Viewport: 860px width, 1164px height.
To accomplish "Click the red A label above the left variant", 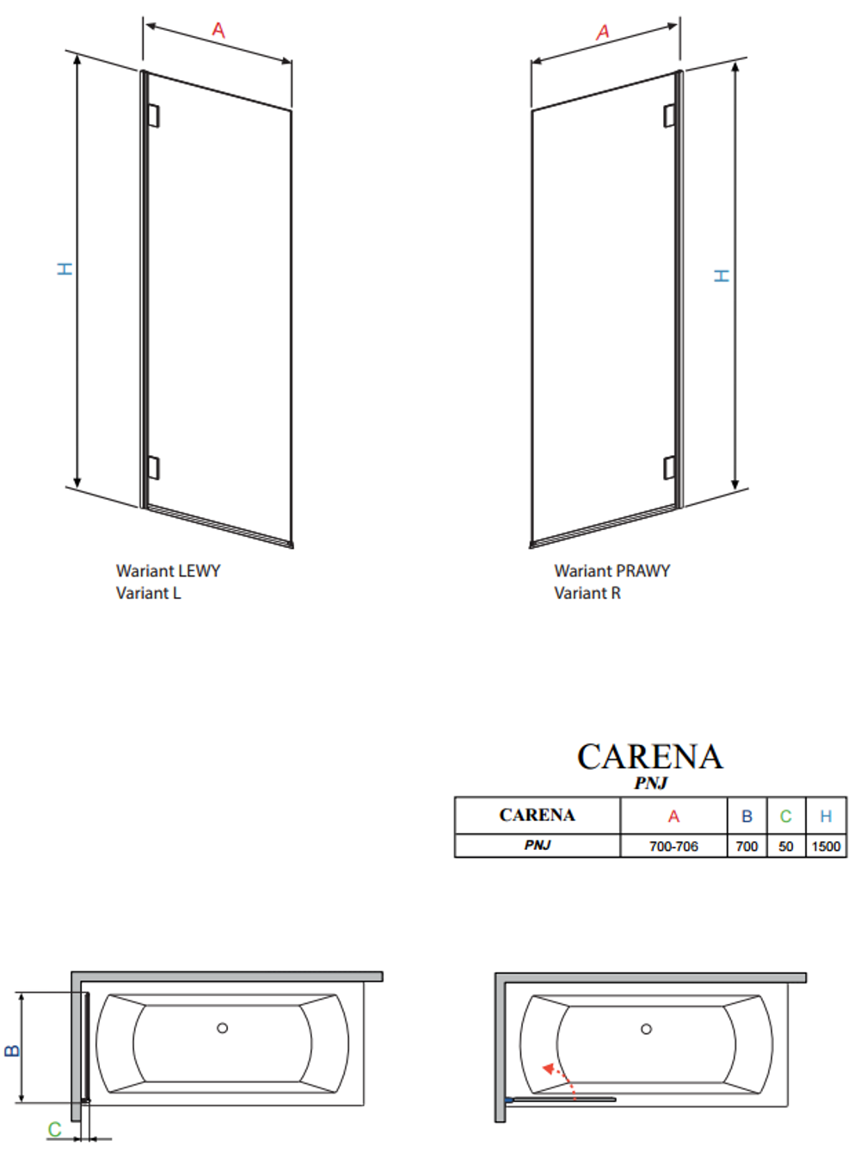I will (x=218, y=30).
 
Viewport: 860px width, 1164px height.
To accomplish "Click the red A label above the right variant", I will (x=603, y=32).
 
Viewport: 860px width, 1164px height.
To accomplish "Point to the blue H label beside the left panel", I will (x=64, y=269).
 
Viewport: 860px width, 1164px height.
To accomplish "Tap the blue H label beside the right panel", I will (x=722, y=275).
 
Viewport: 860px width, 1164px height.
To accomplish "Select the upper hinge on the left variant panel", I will (x=154, y=115).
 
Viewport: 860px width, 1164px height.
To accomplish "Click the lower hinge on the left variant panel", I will (x=154, y=467).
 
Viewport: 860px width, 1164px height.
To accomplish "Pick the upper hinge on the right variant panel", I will (x=669, y=115).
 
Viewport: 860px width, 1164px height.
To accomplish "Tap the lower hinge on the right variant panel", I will (x=669, y=467).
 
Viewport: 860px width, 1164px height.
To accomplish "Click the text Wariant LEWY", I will (x=169, y=570).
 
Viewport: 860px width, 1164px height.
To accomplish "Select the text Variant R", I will (x=587, y=593).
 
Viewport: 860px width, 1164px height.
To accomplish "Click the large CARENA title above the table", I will (x=650, y=757).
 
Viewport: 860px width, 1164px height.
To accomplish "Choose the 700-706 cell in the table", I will (x=673, y=847).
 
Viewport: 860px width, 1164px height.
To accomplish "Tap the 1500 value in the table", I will (x=826, y=847).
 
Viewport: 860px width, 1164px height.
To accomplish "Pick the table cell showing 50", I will (x=786, y=847).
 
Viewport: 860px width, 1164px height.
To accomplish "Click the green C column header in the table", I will (x=786, y=816).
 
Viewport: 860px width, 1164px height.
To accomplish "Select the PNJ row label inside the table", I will (x=537, y=846).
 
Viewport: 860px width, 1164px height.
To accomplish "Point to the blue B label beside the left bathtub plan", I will (x=12, y=1050).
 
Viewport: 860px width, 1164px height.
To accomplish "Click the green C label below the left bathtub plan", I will (x=55, y=1129).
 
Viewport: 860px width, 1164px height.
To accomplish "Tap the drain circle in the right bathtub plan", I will (x=647, y=1029).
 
